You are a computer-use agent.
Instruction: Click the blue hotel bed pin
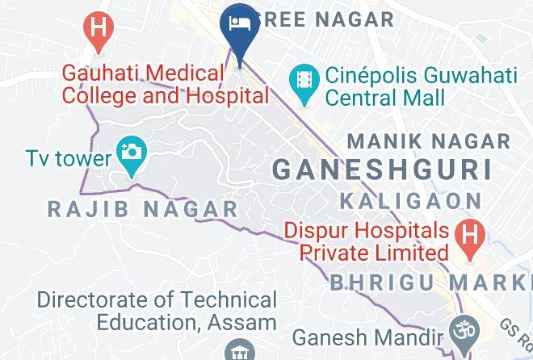239,23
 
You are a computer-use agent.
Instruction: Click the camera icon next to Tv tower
129,151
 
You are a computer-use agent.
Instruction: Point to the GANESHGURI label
382,170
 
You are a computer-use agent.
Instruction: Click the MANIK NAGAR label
429,141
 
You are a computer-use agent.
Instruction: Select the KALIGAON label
410,199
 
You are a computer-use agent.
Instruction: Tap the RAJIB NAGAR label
143,209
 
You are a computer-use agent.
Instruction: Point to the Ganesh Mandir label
368,337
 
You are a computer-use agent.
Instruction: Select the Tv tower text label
68,157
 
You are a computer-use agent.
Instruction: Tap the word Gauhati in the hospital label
103,74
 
